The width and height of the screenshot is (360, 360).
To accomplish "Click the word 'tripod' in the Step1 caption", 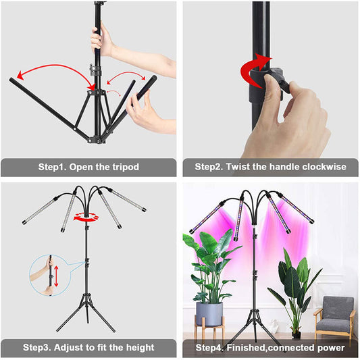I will pyautogui.click(x=124, y=167).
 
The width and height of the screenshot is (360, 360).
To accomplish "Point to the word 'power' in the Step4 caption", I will pyautogui.click(x=329, y=348).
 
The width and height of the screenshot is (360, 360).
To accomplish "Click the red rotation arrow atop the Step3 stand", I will pyautogui.click(x=86, y=217).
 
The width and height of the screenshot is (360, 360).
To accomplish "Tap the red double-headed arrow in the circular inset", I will pyautogui.click(x=56, y=276).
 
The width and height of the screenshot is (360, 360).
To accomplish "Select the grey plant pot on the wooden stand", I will pyautogui.click(x=209, y=313).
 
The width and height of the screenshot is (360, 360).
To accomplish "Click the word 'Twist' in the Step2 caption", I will pyautogui.click(x=239, y=167).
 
